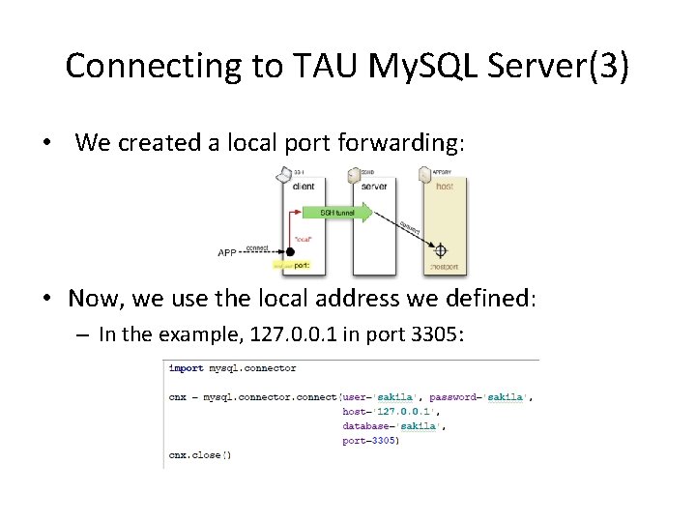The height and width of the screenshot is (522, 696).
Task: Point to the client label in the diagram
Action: [x=303, y=186]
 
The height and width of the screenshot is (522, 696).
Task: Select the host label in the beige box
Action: [x=444, y=186]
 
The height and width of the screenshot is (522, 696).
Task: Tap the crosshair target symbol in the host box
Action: [x=441, y=248]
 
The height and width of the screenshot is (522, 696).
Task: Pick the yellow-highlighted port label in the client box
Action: [x=291, y=264]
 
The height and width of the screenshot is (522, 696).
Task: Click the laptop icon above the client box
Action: [x=284, y=174]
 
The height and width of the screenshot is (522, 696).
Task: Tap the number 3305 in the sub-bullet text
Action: [x=439, y=334]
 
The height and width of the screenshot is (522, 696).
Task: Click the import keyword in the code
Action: [x=187, y=368]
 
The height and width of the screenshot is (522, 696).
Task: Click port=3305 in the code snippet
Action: [x=370, y=440]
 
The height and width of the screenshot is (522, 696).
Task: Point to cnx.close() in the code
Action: [x=200, y=454]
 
